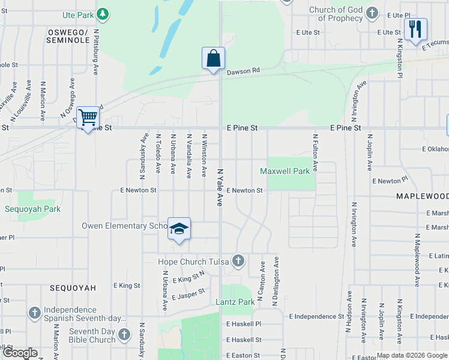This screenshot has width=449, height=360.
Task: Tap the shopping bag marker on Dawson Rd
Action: pos(213,59)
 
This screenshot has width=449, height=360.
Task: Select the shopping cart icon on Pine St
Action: pos(88,117)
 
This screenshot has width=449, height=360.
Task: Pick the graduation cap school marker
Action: pos(179,229)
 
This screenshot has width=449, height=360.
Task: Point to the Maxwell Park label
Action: pos(285,171)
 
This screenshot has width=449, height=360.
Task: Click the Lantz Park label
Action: pos(235,302)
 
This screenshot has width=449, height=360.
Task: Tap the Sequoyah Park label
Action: pos(33,209)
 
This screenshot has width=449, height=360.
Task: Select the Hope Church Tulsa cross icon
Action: pos(238,261)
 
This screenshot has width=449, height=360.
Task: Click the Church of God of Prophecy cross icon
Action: pos(372,12)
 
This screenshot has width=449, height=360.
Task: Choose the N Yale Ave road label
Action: pos(220,185)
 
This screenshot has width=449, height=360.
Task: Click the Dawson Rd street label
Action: pos(243,71)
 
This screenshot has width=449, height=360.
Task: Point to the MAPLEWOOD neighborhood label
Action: pos(422,196)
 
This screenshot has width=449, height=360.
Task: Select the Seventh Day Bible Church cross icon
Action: pos(124,334)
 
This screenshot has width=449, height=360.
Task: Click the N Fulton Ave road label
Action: pos(314,152)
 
